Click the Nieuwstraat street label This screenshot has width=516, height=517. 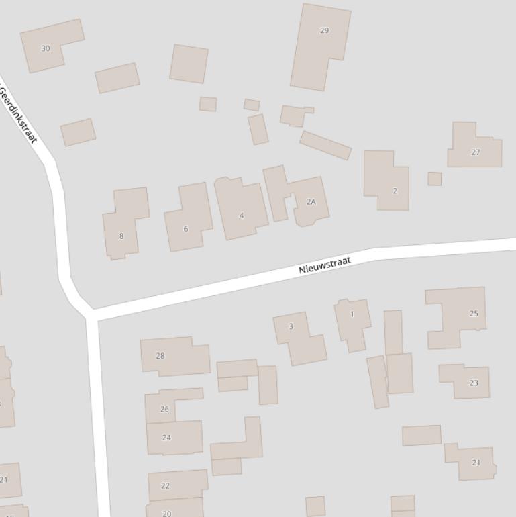click(325, 265)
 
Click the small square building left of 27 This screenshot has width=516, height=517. click(435, 179)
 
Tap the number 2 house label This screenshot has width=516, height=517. click(395, 191)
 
